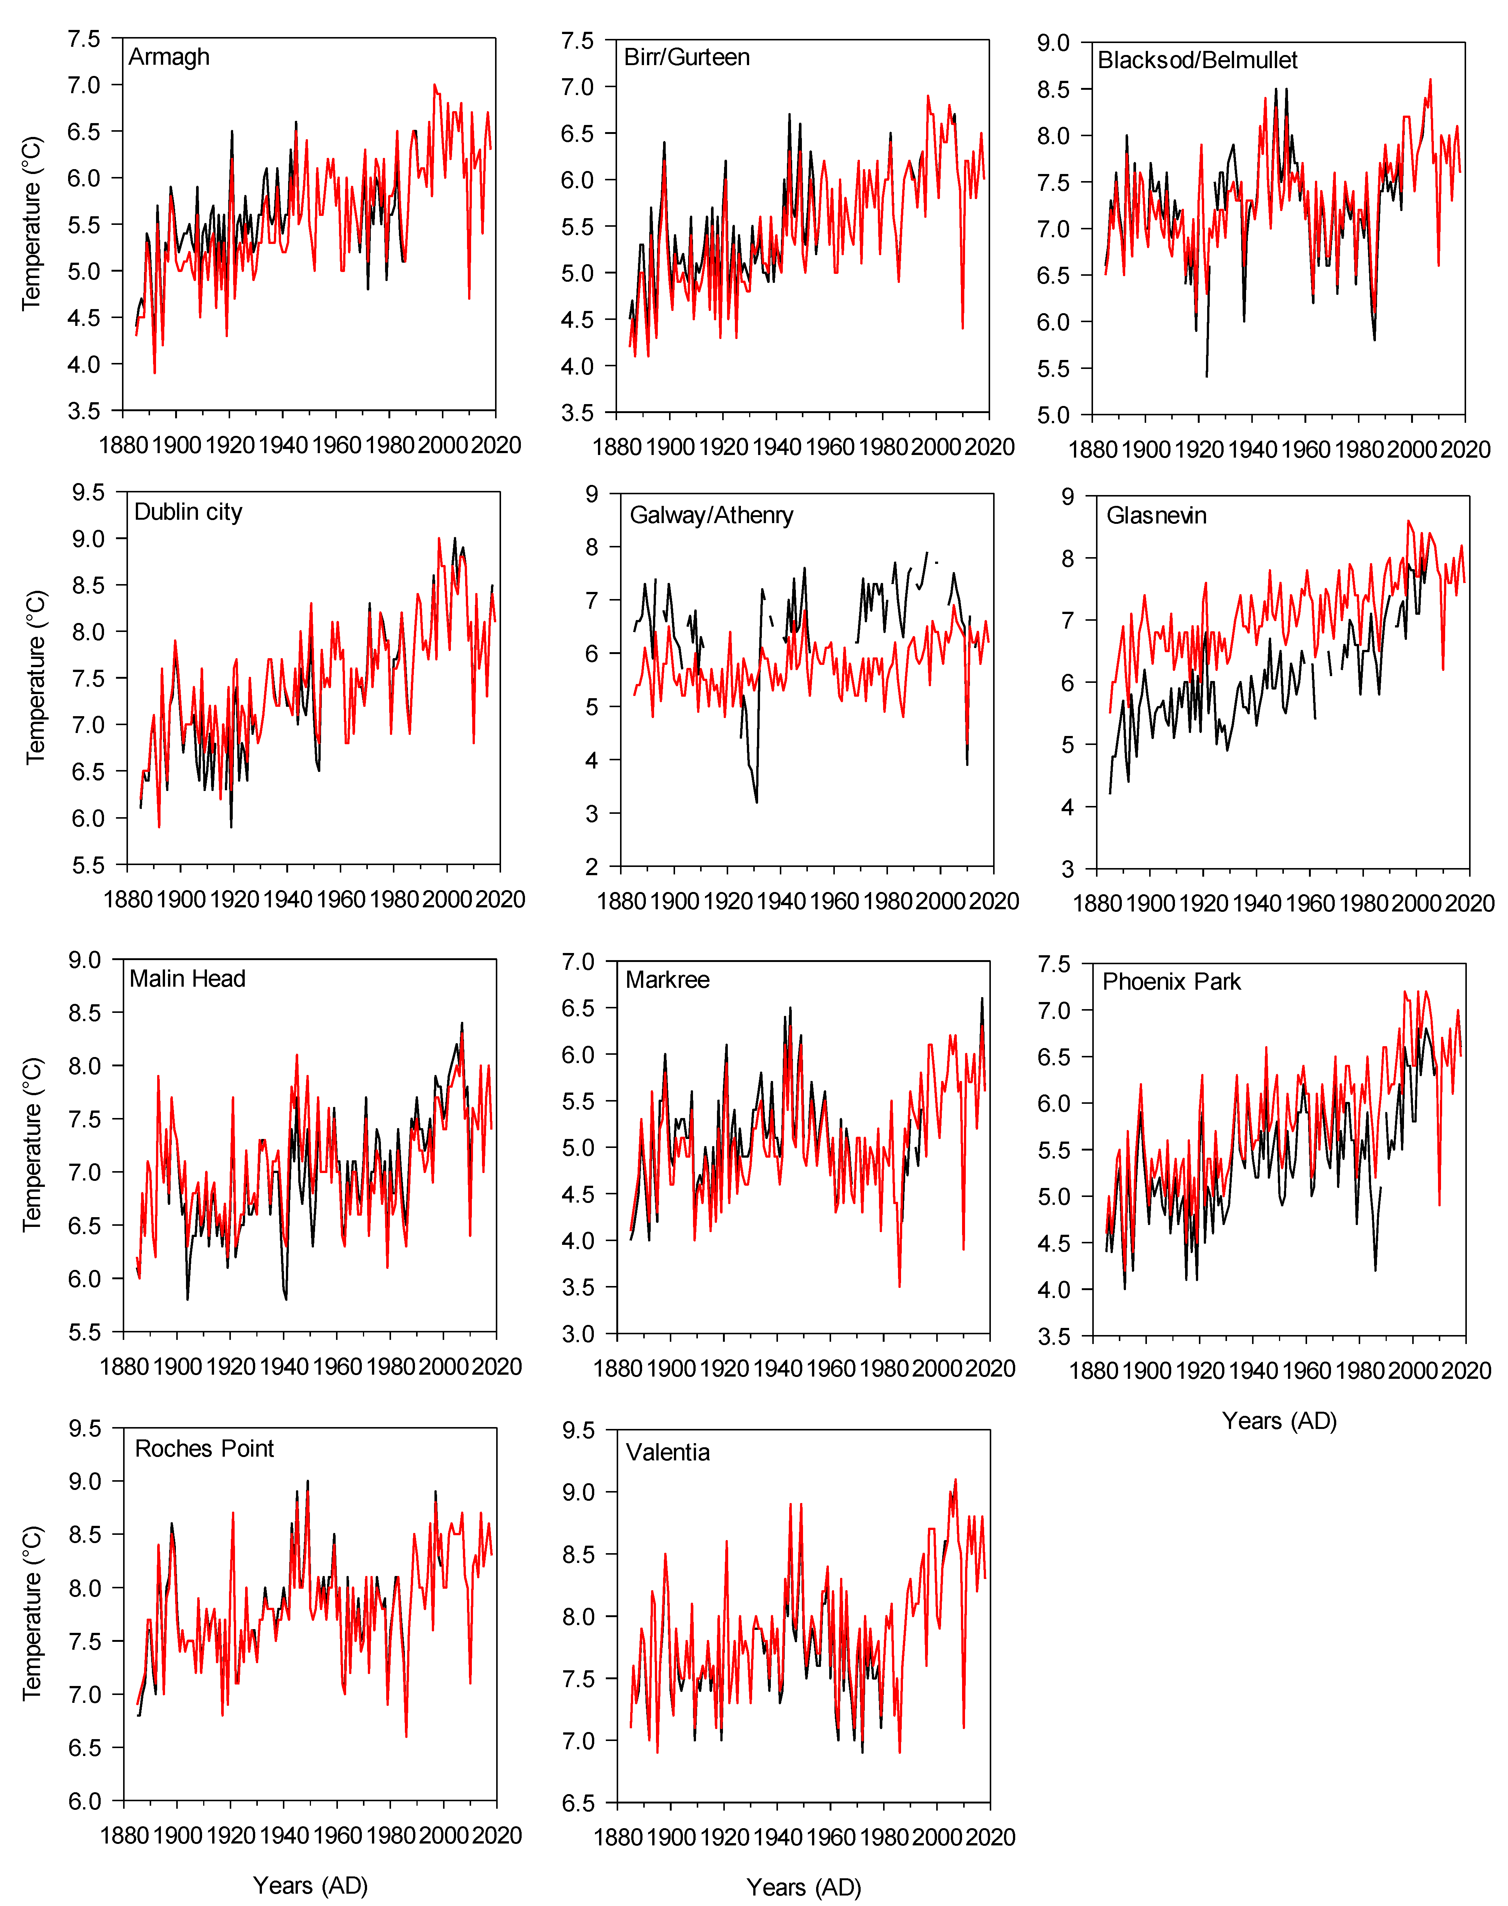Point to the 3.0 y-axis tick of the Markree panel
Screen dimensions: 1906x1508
pos(578,1334)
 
